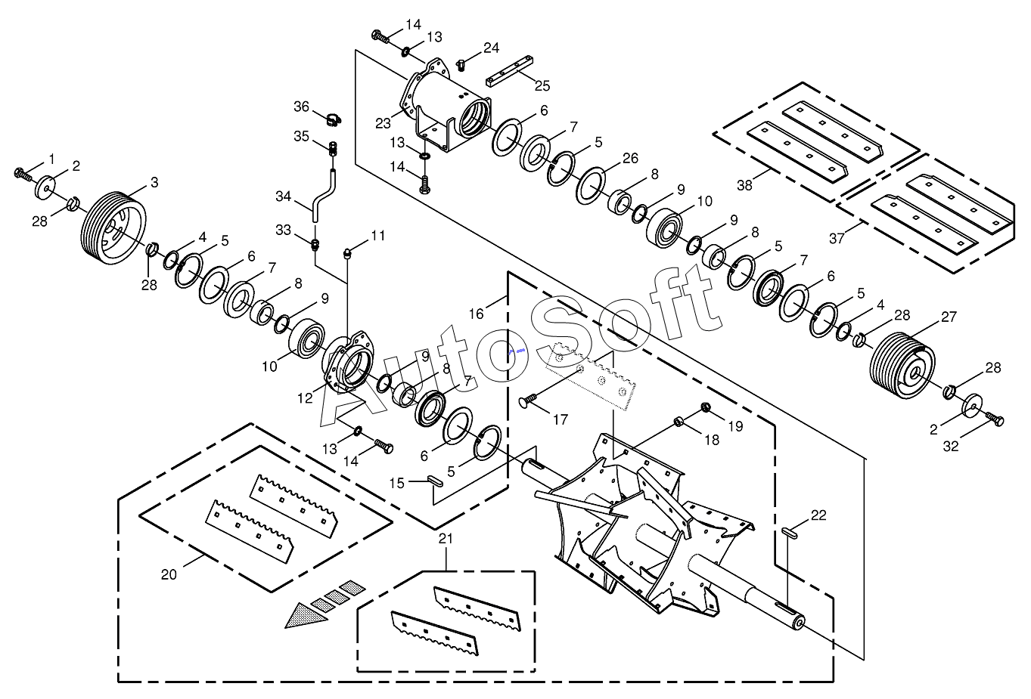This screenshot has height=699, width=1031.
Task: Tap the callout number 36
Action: (302, 107)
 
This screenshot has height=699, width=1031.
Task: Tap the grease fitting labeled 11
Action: (349, 253)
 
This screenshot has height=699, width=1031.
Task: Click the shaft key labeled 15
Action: (434, 481)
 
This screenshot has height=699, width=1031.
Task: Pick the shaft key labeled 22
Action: (789, 533)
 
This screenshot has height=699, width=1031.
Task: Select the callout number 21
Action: (446, 539)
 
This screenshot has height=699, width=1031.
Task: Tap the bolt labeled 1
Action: (23, 175)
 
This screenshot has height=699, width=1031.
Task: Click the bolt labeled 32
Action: (995, 419)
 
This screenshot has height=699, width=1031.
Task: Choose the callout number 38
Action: (745, 185)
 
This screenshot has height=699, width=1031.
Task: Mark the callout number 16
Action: (477, 314)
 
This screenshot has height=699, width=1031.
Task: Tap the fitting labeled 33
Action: (315, 244)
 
